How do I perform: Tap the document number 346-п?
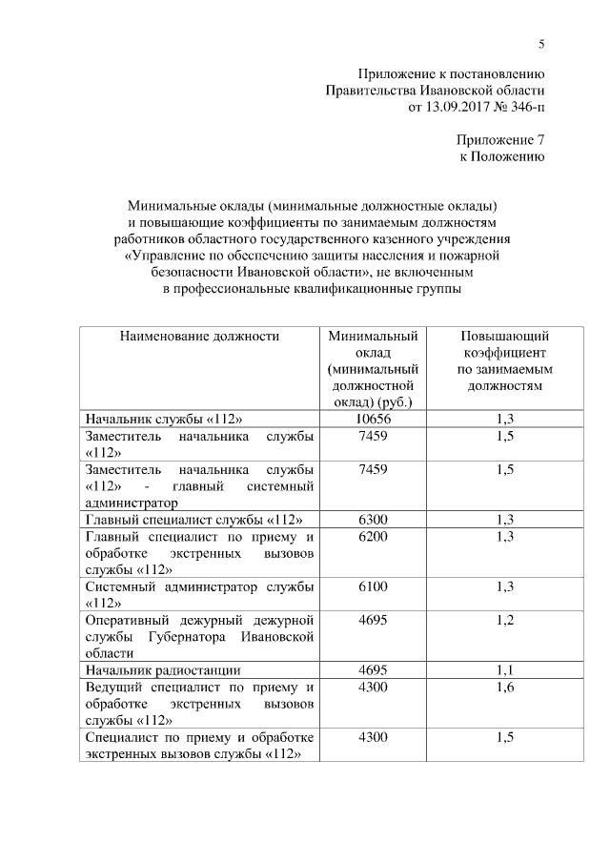[x=523, y=108]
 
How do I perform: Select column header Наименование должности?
[x=199, y=337]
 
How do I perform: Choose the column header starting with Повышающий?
[x=504, y=361]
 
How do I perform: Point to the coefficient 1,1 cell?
[x=504, y=670]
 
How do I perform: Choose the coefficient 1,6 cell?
[x=504, y=687]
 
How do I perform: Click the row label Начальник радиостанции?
[x=163, y=670]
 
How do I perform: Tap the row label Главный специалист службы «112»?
[x=194, y=520]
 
